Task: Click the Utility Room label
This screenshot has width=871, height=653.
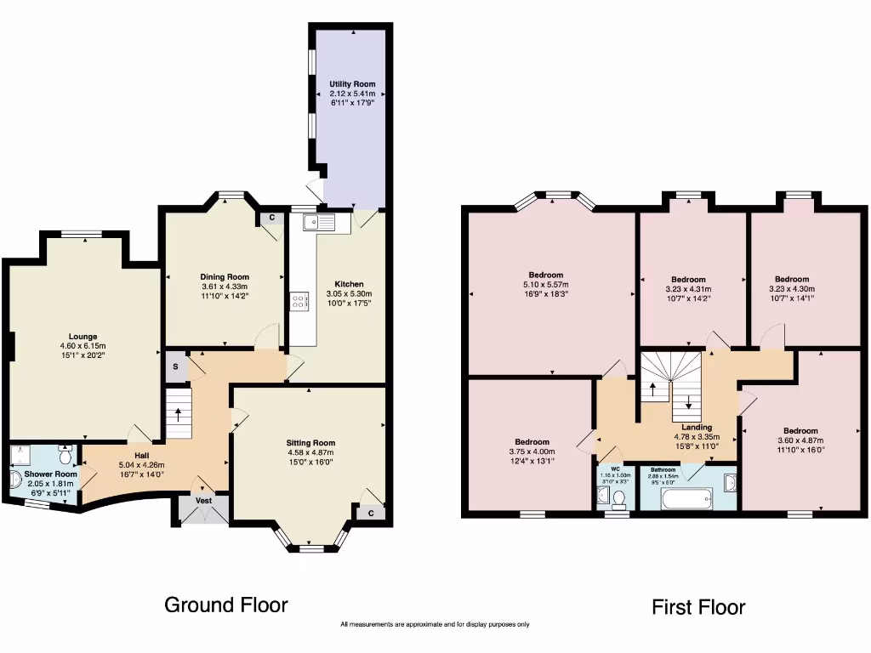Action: pos(352,84)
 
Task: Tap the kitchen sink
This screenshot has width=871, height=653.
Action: pos(320,223)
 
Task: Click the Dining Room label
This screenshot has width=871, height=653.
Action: pos(225,276)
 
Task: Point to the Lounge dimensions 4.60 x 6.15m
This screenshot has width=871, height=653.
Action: pos(83,346)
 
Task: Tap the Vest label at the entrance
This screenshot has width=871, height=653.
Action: pos(204,501)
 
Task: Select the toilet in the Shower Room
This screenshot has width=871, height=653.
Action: pos(65,455)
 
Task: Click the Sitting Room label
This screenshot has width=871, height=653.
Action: pos(310,442)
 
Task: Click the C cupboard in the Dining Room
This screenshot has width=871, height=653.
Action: pos(271,218)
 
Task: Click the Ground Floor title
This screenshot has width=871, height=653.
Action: pos(225,605)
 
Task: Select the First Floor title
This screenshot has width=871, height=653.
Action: pos(698,607)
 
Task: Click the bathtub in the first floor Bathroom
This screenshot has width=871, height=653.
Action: pos(686,498)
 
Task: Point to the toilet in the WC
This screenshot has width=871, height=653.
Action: pos(619,497)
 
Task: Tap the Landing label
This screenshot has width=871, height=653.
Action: pos(697,428)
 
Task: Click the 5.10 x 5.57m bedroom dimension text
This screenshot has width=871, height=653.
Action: pos(545,285)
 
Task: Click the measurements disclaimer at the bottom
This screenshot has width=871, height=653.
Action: pos(435,625)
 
